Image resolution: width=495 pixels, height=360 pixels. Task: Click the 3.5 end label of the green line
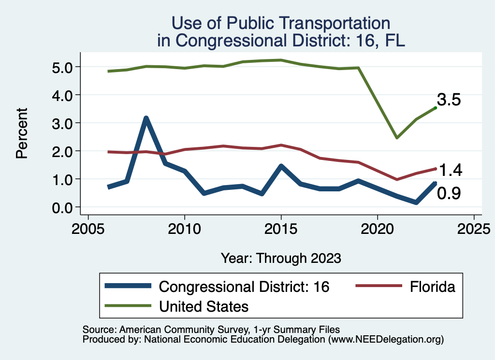(x=449, y=100)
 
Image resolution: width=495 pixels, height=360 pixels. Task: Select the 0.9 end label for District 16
(x=449, y=194)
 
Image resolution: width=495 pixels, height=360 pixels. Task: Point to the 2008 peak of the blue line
(x=146, y=118)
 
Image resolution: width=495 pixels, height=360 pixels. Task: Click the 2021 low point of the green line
(x=396, y=138)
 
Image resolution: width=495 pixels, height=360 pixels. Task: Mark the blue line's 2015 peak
(x=281, y=166)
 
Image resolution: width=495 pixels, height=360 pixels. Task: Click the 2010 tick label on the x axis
(x=184, y=228)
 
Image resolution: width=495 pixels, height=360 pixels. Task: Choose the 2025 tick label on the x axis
(x=474, y=228)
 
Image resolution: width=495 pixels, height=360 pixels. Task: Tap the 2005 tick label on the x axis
(x=88, y=228)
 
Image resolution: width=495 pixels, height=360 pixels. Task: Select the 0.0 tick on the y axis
(x=62, y=207)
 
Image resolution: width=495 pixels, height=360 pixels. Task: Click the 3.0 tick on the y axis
(x=62, y=123)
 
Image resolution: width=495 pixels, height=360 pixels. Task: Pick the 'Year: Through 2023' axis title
(x=281, y=258)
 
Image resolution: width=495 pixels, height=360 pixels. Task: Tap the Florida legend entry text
(x=433, y=287)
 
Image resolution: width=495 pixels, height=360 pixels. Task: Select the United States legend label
(x=204, y=306)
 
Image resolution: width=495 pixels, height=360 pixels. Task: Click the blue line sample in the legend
(x=128, y=287)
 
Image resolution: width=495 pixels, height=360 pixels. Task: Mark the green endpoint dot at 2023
(x=436, y=108)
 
